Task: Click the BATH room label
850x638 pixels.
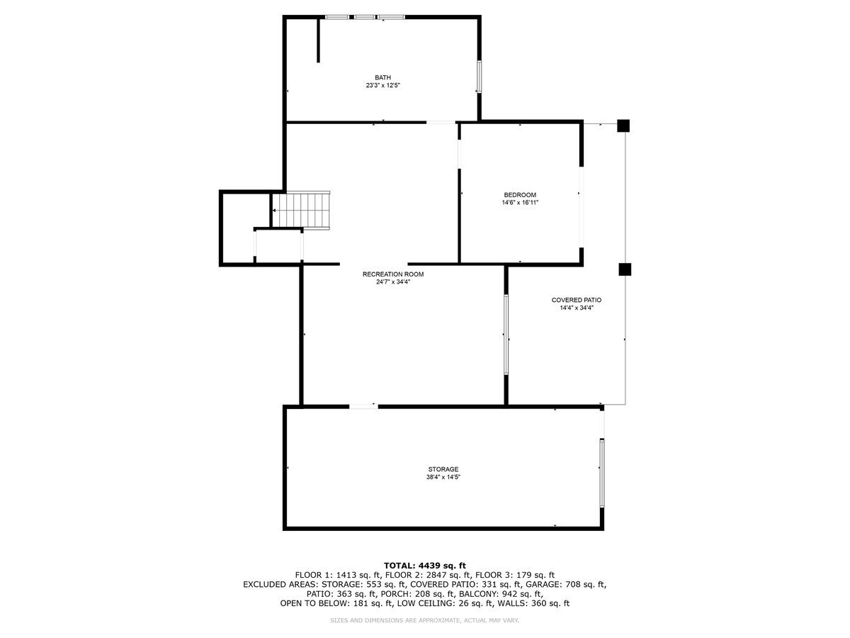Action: point(382,78)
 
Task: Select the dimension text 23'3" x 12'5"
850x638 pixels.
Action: point(382,86)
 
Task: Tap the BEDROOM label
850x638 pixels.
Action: point(520,195)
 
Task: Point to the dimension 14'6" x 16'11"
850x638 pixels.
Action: point(520,203)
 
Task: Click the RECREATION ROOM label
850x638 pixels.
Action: point(393,274)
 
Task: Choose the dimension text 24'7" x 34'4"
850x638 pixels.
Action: point(393,282)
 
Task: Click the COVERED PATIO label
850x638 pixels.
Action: point(577,300)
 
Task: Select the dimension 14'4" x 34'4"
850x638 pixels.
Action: point(577,308)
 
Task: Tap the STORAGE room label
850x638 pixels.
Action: point(443,469)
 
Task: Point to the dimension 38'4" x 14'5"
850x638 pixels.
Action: point(443,477)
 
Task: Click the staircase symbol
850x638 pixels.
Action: point(303,210)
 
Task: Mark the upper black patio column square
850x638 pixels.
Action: point(623,126)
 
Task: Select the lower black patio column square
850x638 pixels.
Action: point(624,269)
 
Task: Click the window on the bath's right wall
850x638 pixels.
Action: point(480,77)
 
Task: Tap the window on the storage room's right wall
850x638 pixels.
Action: point(602,474)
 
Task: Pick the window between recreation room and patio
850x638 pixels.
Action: point(506,335)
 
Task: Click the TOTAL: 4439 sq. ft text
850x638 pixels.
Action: point(425,565)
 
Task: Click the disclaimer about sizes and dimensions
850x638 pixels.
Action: point(425,621)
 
